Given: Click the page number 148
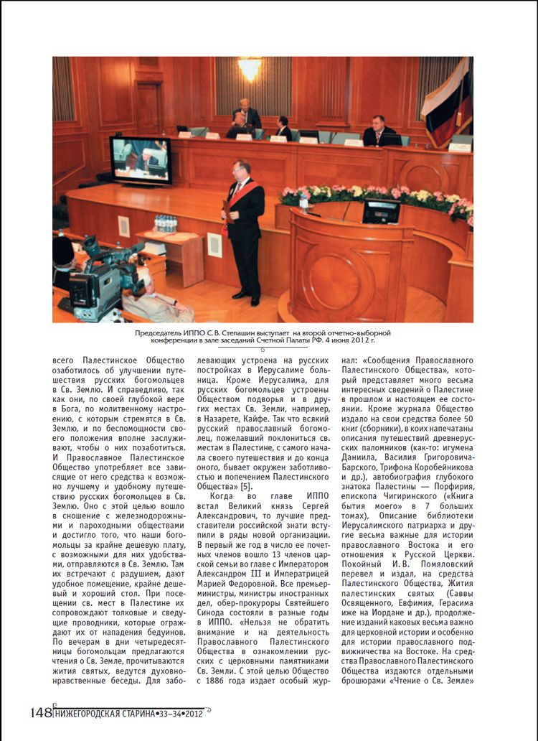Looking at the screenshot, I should point(41,712).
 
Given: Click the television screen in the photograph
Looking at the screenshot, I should point(141,159).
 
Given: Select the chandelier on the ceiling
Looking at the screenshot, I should point(250,67).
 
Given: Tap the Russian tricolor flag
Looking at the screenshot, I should point(448,101).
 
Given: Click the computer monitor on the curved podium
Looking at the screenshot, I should point(381,211).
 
